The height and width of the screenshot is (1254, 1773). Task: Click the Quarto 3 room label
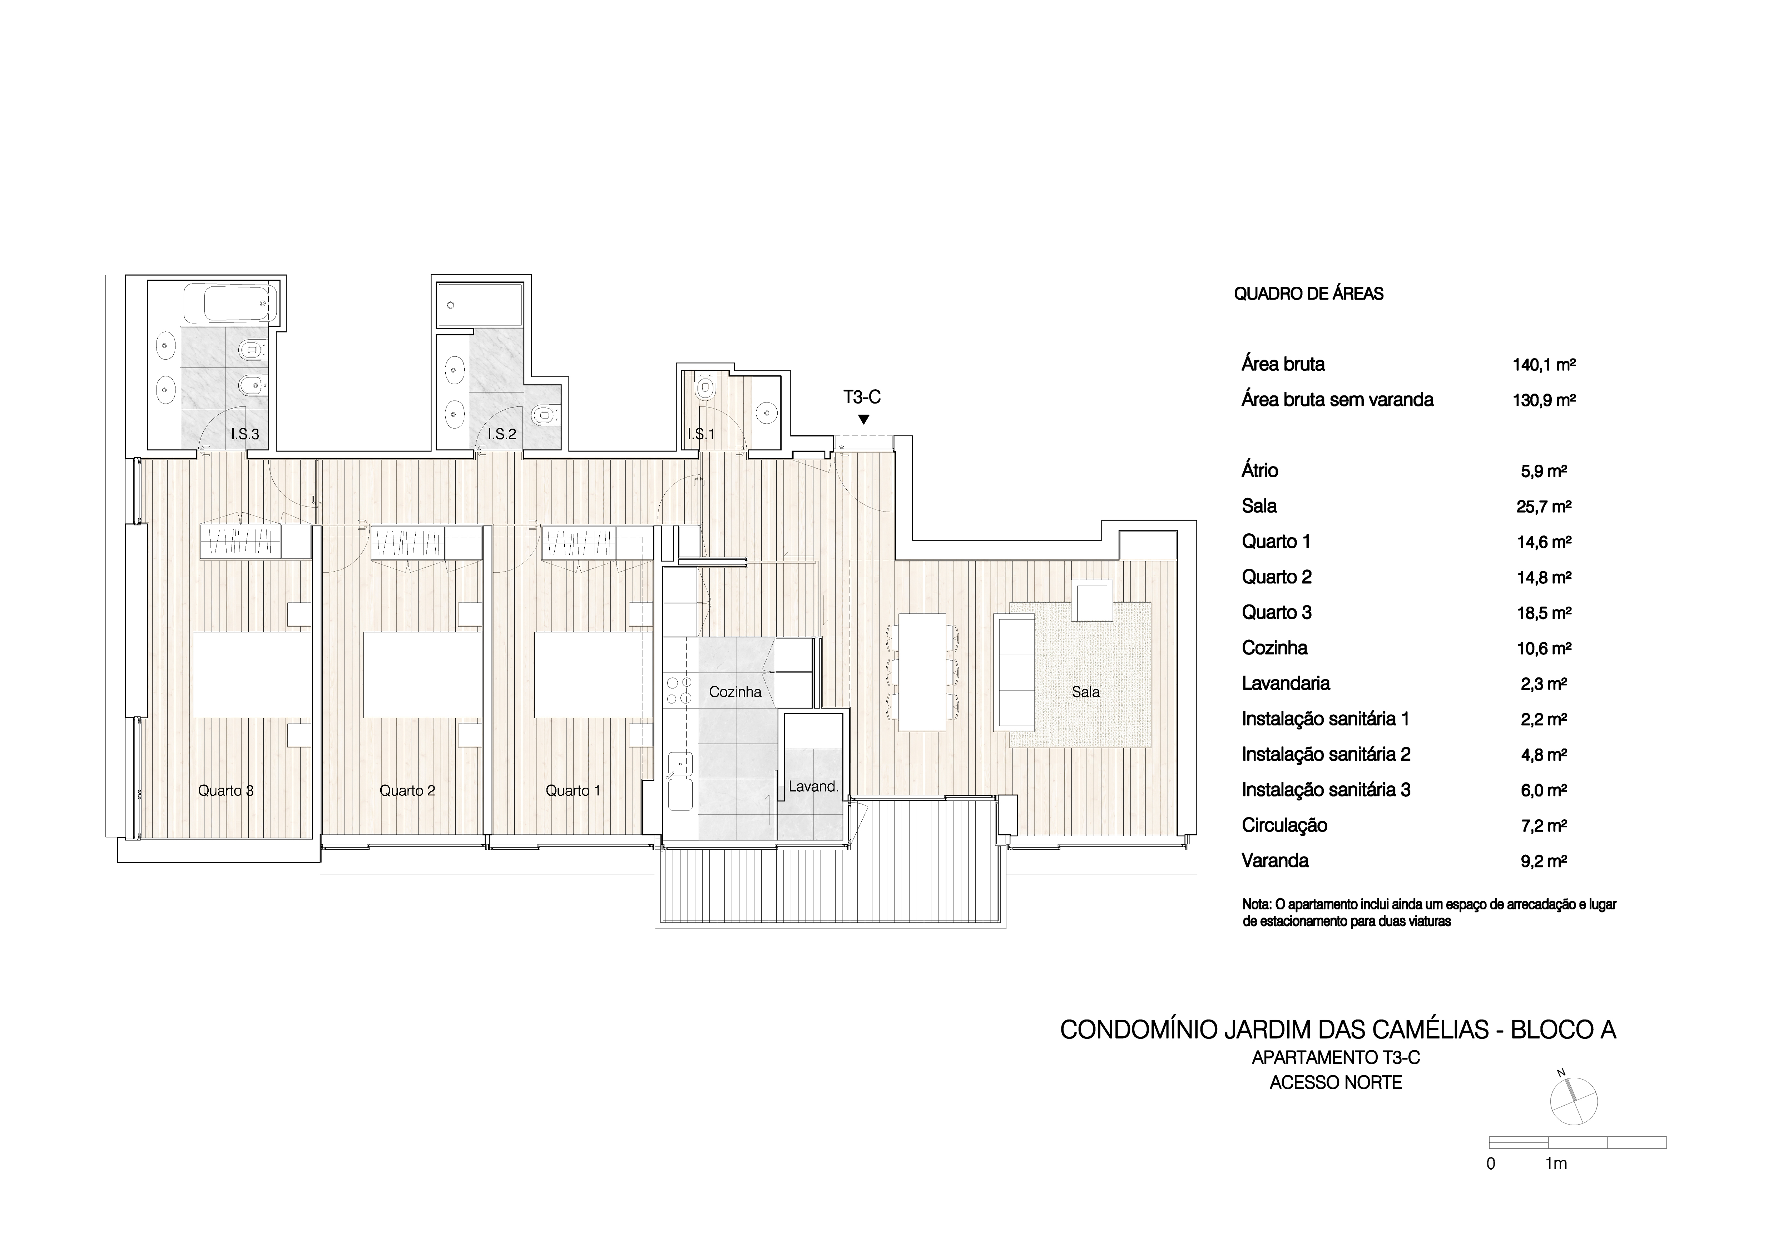[226, 791]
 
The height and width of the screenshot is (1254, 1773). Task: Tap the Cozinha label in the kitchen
[735, 692]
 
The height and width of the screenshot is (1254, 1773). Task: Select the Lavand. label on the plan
[813, 787]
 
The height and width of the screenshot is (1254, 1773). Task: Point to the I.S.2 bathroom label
[502, 434]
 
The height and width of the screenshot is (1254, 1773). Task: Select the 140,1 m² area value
[1544, 365]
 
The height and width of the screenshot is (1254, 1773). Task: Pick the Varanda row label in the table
[1275, 860]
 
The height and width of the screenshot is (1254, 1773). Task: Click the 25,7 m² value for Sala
[1544, 507]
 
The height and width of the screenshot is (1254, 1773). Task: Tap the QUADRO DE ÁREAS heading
[1308, 293]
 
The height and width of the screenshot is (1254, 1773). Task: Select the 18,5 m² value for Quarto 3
[1544, 613]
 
